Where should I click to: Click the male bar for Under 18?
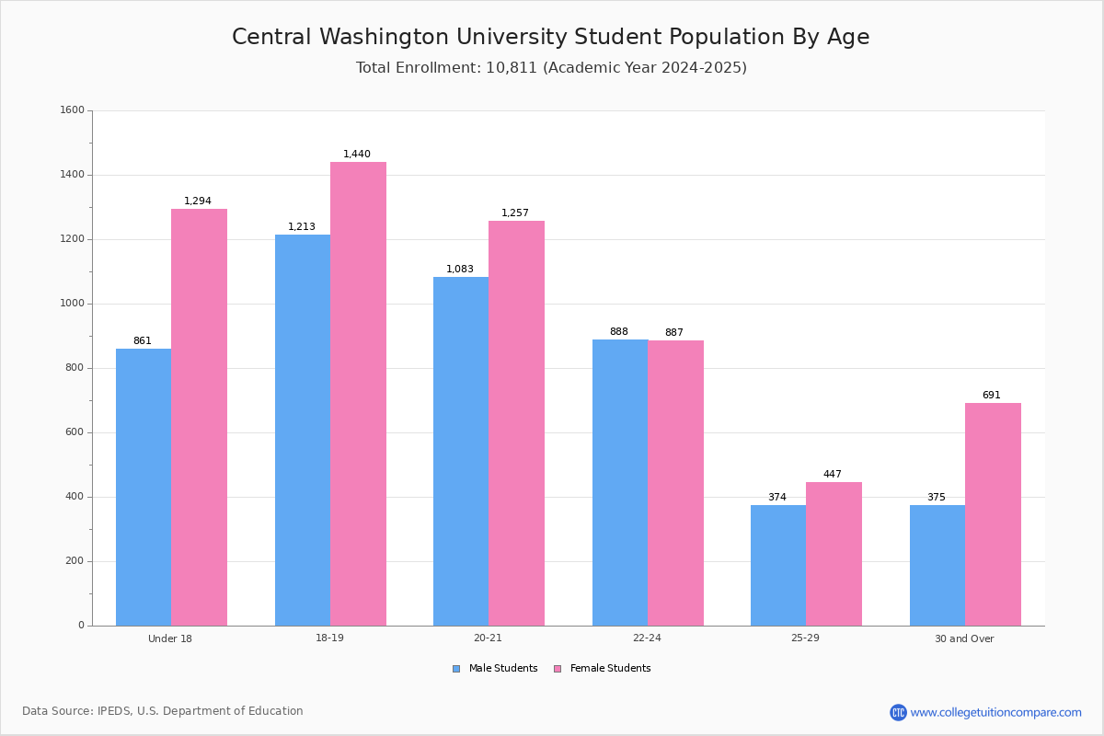click(144, 487)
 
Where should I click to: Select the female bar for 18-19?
click(358, 394)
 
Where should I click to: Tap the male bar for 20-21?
click(461, 451)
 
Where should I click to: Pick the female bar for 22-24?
click(675, 483)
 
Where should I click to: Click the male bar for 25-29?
click(778, 566)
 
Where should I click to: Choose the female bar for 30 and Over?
click(993, 514)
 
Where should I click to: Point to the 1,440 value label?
click(357, 154)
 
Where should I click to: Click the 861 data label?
click(143, 340)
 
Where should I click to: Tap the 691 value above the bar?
click(992, 395)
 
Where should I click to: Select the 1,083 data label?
click(460, 269)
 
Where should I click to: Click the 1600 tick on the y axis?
click(73, 109)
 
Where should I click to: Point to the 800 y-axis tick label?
click(75, 368)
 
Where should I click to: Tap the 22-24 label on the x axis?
click(647, 638)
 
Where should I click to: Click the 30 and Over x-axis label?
click(964, 638)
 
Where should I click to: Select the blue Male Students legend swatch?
click(456, 669)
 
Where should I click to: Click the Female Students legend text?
click(610, 668)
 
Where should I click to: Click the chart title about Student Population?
click(550, 37)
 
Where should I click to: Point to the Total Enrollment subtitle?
click(551, 67)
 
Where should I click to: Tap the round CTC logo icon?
click(898, 712)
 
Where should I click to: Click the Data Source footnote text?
click(163, 711)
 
